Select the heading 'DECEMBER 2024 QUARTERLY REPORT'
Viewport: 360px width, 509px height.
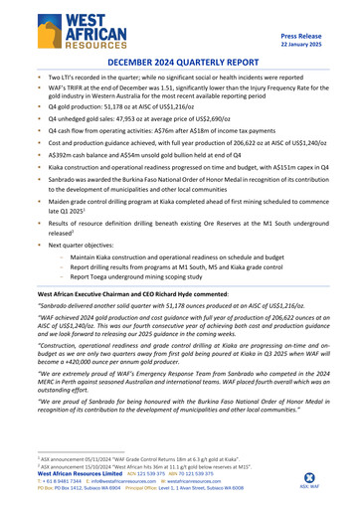click(180, 62)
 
